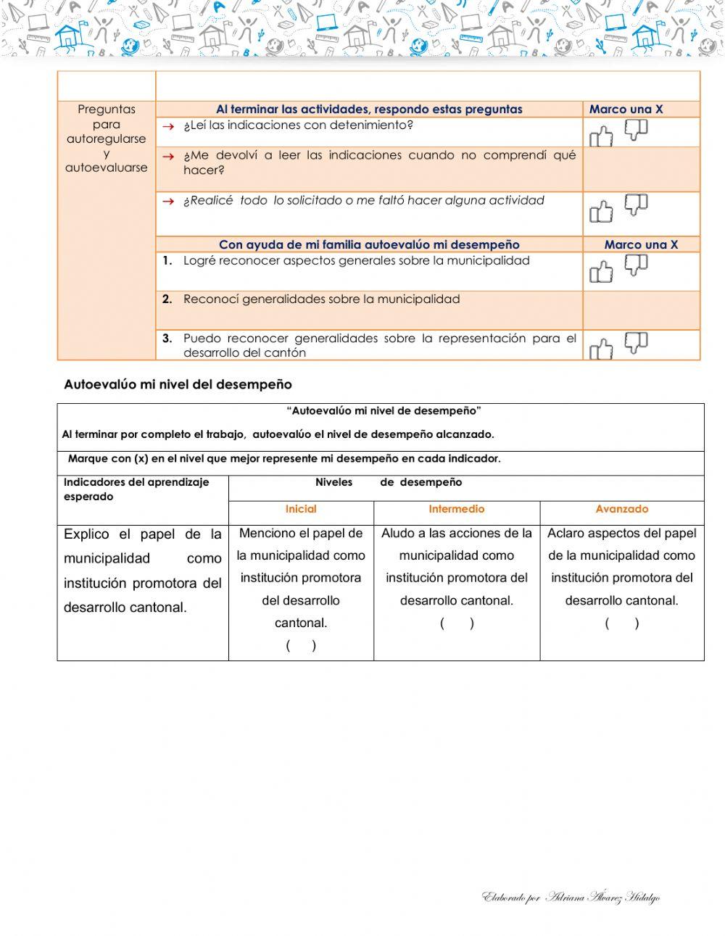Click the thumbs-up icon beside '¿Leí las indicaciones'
tap(601, 136)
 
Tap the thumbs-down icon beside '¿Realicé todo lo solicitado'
tap(636, 204)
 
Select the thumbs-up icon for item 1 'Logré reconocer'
tap(601, 273)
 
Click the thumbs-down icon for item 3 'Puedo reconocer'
tap(636, 342)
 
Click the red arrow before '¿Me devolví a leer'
tap(168, 157)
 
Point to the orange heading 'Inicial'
tap(301, 510)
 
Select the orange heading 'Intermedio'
tap(457, 510)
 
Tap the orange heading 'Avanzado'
tap(622, 510)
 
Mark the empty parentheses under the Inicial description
tap(301, 646)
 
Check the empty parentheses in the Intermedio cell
tap(457, 624)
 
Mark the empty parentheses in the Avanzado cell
tap(622, 624)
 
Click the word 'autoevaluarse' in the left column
tap(107, 167)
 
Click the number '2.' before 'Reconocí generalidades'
tap(167, 299)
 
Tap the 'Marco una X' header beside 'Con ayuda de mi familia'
tap(641, 245)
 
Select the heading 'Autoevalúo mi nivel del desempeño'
tap(178, 384)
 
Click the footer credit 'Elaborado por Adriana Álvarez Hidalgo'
tap(571, 898)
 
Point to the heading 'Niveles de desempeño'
tap(389, 483)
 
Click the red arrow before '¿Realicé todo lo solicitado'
tap(168, 202)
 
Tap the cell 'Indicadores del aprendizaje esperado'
tap(136, 489)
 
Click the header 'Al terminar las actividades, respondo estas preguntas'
tap(369, 109)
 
